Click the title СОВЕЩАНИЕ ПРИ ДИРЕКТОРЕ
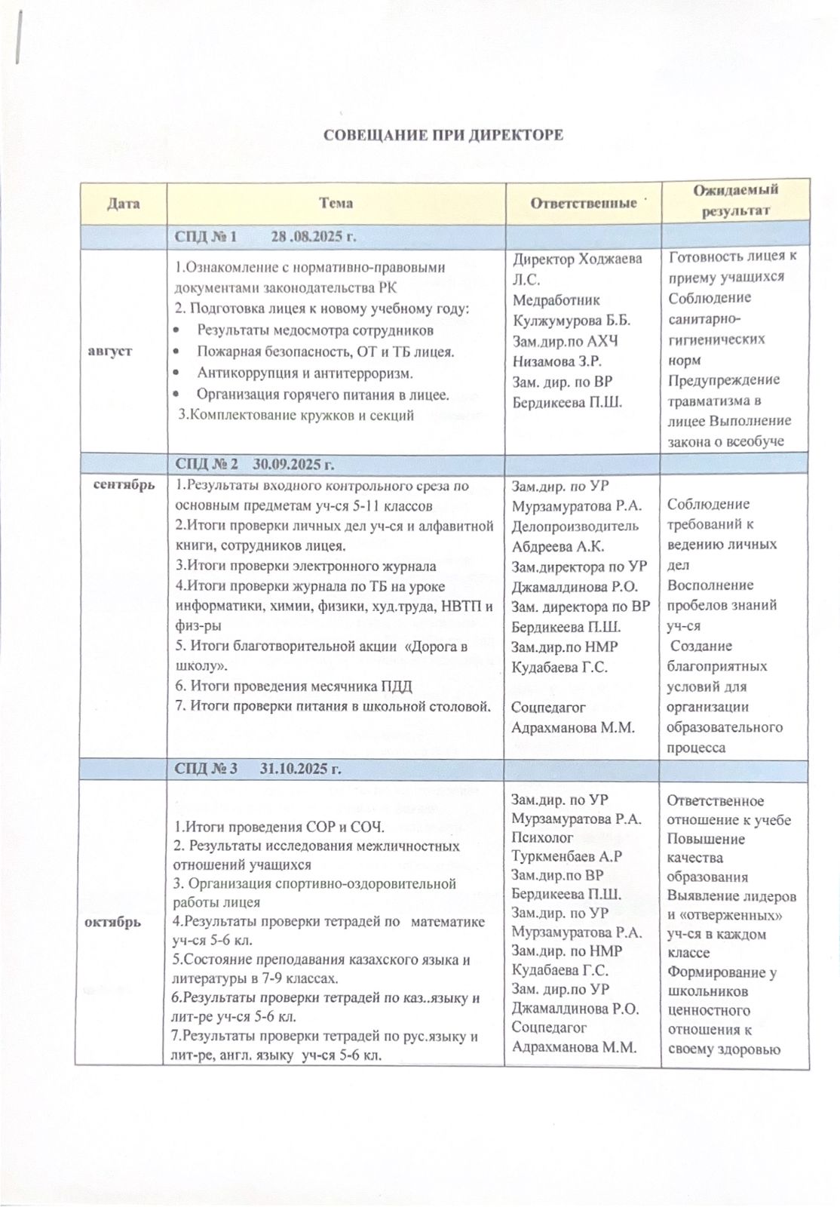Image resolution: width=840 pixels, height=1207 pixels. click(x=443, y=136)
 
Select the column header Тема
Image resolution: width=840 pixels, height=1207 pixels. click(x=336, y=202)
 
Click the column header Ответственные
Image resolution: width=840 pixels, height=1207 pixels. click(x=584, y=202)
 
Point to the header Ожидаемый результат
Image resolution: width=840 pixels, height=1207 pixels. click(x=735, y=200)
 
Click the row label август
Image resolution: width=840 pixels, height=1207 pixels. click(x=111, y=351)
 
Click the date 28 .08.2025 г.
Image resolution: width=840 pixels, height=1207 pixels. click(x=313, y=236)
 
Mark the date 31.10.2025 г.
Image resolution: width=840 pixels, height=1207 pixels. click(x=301, y=769)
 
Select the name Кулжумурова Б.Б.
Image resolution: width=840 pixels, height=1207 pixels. click(x=572, y=320)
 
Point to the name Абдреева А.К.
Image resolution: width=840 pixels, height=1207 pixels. click(x=558, y=546)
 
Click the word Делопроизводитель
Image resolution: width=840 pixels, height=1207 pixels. click(x=575, y=526)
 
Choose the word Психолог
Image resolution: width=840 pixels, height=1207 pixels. click(x=542, y=837)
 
